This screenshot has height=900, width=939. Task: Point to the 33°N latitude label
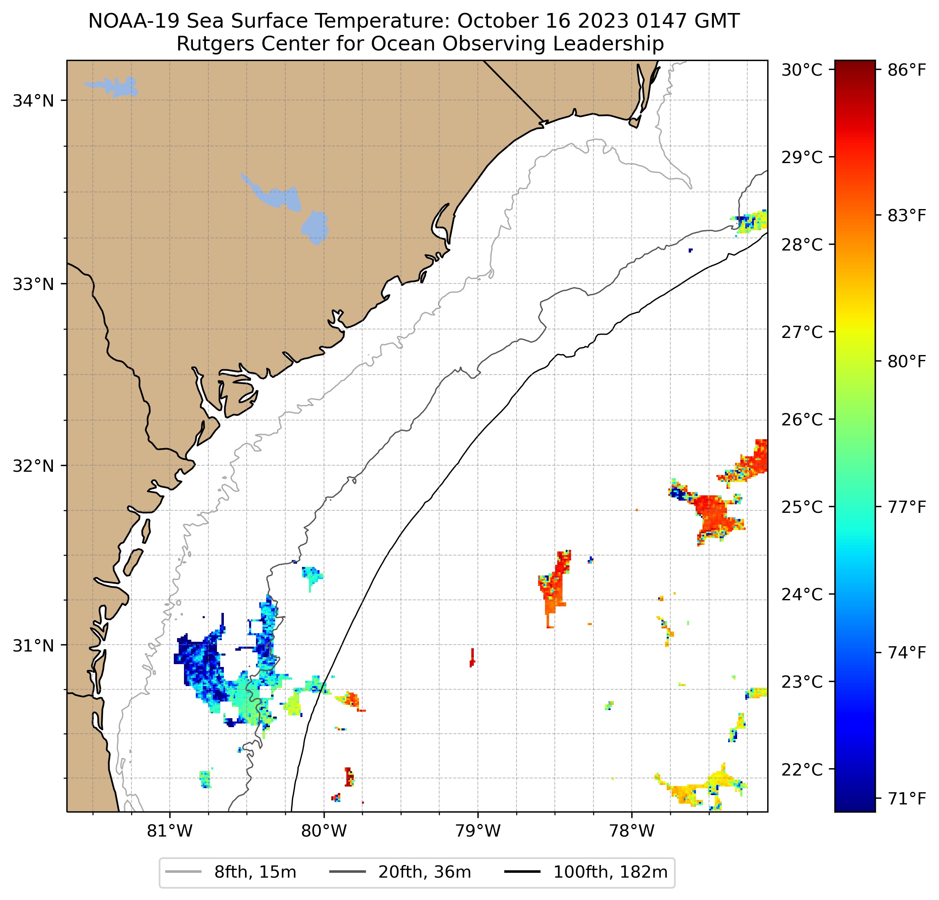click(x=33, y=284)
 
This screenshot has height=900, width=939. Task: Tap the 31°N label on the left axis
click(x=33, y=646)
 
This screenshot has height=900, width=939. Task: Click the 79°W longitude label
click(x=478, y=831)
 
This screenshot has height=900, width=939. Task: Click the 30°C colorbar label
click(x=801, y=70)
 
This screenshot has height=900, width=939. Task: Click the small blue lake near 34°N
click(x=115, y=87)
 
